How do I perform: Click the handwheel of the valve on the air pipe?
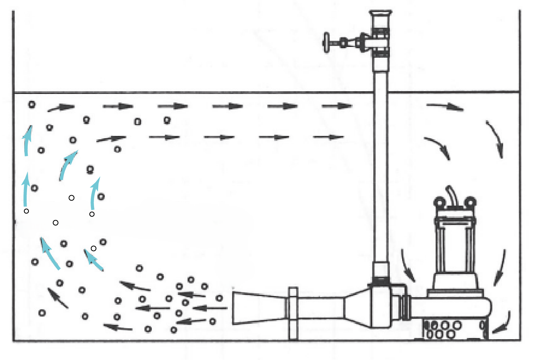tap(327, 42)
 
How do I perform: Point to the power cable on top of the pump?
tap(451, 194)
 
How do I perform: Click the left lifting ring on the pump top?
tap(439, 202)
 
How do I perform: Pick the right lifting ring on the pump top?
tap(470, 202)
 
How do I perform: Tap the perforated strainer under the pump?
tap(443, 330)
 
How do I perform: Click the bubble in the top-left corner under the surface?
tap(32, 104)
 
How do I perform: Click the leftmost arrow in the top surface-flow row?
tap(61, 107)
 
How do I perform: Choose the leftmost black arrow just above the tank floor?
tap(118, 327)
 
